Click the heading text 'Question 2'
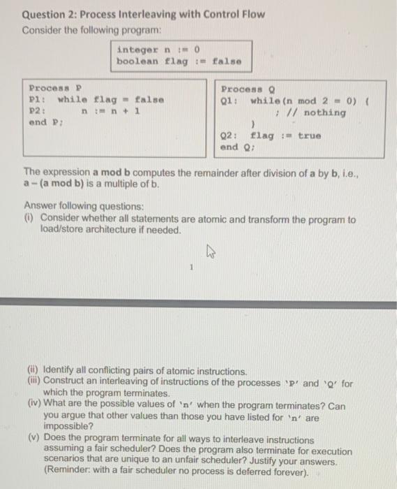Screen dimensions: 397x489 coord(47,13)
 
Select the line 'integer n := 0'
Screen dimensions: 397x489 coord(159,50)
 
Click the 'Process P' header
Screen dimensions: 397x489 coord(56,89)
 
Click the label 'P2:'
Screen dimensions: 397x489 coord(38,111)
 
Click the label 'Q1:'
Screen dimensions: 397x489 coord(230,101)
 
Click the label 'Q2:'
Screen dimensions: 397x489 coord(230,136)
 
